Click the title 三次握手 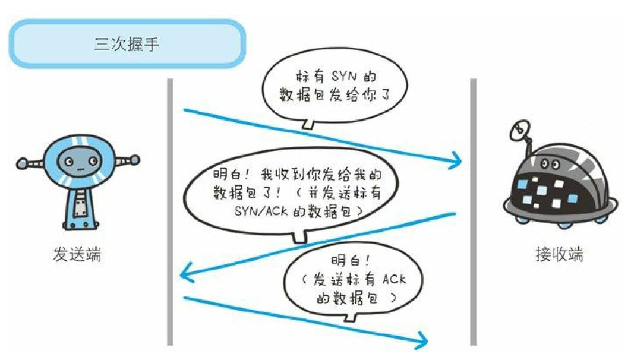point(127,44)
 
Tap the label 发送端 point(77,255)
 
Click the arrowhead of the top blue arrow point(457,160)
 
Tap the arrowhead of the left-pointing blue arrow point(186,274)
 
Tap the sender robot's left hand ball point(22,162)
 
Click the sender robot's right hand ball point(135,159)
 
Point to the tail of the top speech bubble point(307,125)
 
